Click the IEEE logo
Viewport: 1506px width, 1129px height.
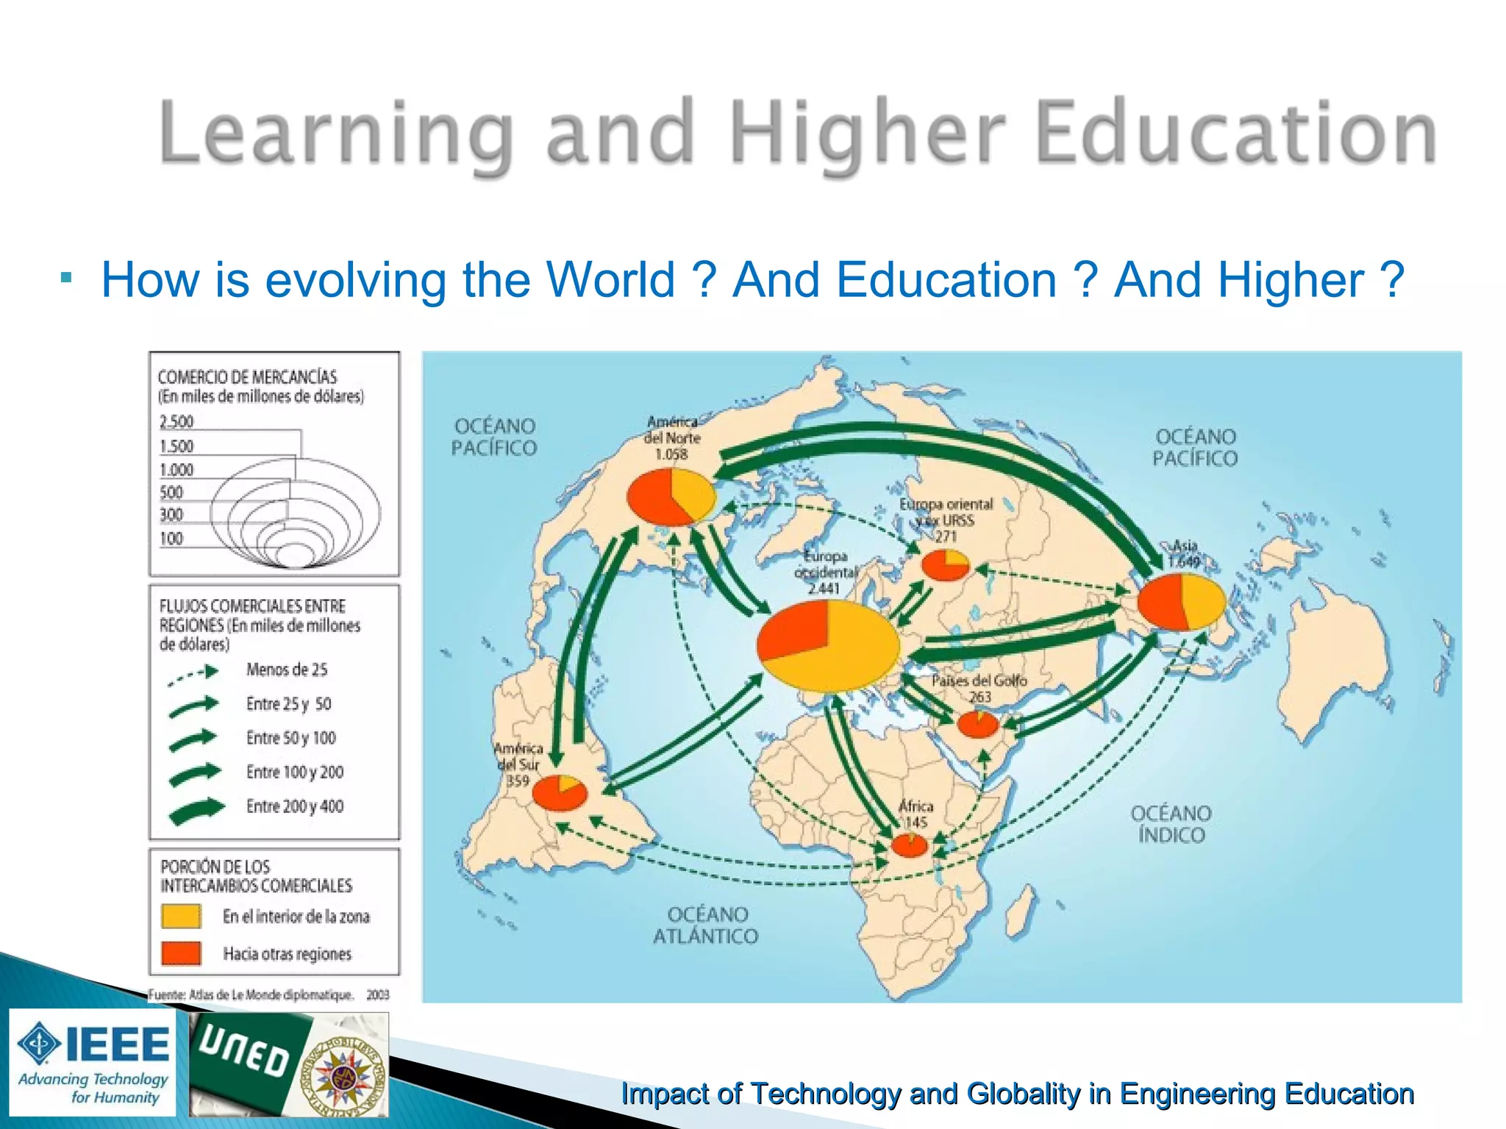(93, 1061)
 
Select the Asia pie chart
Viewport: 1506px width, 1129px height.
(1181, 602)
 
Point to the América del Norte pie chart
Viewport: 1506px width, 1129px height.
(671, 497)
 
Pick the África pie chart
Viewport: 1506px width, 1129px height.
(910, 845)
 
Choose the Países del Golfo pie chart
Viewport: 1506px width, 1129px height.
(977, 724)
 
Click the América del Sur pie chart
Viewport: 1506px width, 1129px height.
(560, 792)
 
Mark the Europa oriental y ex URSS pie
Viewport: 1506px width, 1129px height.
(945, 564)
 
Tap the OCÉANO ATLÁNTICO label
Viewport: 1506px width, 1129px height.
(705, 925)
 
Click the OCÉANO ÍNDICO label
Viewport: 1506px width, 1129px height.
(1171, 824)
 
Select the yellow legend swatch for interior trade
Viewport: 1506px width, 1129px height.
(181, 916)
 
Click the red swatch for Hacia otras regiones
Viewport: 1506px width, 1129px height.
(181, 953)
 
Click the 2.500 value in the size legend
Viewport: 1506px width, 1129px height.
(176, 422)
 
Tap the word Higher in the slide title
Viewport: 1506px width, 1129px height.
(868, 133)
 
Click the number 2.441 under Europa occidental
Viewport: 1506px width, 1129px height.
(824, 588)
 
